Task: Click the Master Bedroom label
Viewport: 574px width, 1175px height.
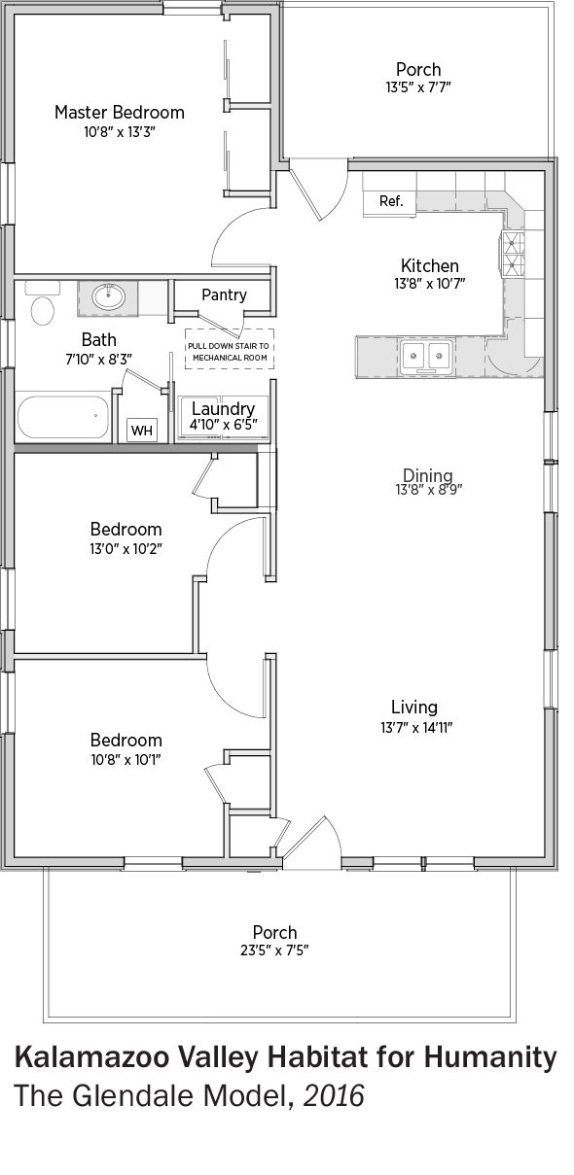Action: pyautogui.click(x=120, y=113)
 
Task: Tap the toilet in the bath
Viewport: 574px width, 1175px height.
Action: pyautogui.click(x=42, y=304)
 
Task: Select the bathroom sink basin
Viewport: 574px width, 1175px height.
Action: pyautogui.click(x=109, y=297)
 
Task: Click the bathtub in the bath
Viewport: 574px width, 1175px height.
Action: pyautogui.click(x=63, y=417)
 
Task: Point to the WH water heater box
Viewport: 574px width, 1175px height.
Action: pyautogui.click(x=142, y=431)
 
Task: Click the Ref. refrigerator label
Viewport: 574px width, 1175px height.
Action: pyautogui.click(x=391, y=201)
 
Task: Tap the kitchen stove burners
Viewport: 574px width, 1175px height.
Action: pyautogui.click(x=513, y=255)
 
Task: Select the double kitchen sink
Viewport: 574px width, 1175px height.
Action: pyautogui.click(x=426, y=357)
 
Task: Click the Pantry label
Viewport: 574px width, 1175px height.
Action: pyautogui.click(x=224, y=294)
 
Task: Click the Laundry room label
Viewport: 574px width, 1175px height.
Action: pyautogui.click(x=223, y=408)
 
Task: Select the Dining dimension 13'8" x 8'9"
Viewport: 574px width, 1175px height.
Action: pyautogui.click(x=428, y=490)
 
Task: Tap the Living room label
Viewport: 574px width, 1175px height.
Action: pyautogui.click(x=414, y=707)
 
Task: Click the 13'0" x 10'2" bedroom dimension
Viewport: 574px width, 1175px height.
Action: pyautogui.click(x=126, y=549)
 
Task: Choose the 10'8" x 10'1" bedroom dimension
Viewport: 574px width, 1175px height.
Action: pyautogui.click(x=126, y=759)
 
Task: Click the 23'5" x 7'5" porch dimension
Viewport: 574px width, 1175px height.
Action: pyautogui.click(x=274, y=950)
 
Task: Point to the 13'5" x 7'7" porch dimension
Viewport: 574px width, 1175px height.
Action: pyautogui.click(x=418, y=86)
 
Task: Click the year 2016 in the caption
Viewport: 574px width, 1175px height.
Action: pyautogui.click(x=334, y=1096)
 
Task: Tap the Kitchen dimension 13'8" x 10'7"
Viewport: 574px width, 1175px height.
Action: pyautogui.click(x=430, y=283)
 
